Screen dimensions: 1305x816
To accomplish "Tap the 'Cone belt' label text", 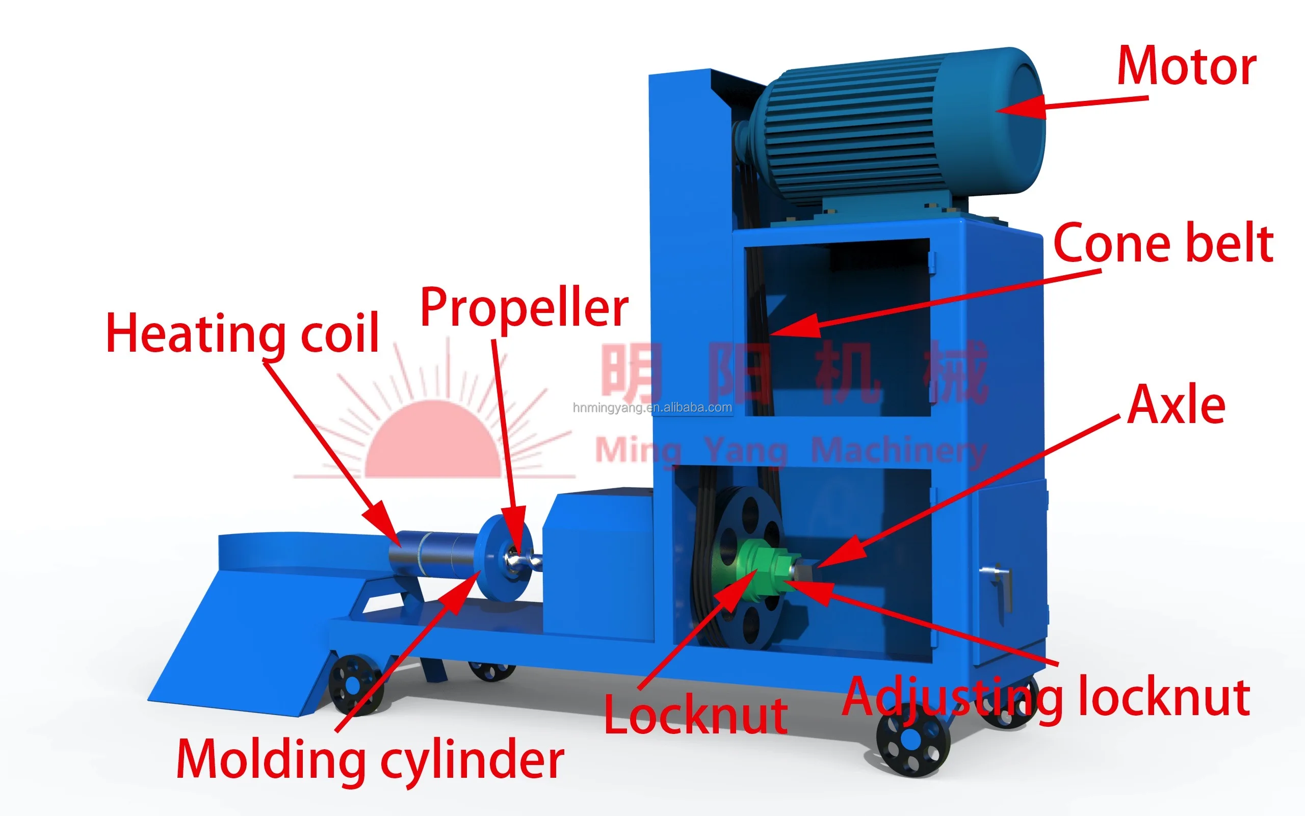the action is pos(1163,244).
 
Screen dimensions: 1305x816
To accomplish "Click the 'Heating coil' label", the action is pos(242,334).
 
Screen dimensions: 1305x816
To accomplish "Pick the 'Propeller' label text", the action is pos(524,308).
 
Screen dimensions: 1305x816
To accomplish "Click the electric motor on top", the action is pos(896,127).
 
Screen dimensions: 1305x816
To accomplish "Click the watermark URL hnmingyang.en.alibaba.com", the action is pos(652,407).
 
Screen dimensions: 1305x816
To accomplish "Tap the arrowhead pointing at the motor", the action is pos(1020,107).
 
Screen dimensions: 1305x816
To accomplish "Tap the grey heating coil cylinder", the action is pos(432,556).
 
